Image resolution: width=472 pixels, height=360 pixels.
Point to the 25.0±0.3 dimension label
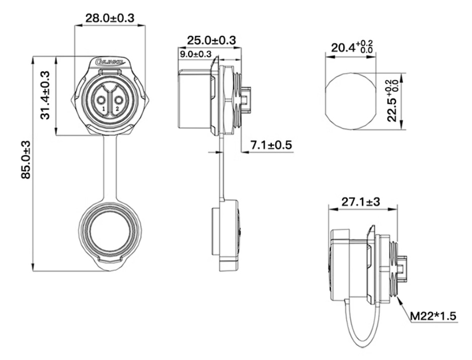(x=211, y=40)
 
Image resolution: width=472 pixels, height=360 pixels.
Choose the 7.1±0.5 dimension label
(x=271, y=145)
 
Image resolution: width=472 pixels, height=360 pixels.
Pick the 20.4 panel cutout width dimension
(x=351, y=48)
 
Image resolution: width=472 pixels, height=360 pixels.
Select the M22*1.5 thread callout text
(x=433, y=316)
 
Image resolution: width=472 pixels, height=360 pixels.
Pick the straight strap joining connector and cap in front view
(x=110, y=166)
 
